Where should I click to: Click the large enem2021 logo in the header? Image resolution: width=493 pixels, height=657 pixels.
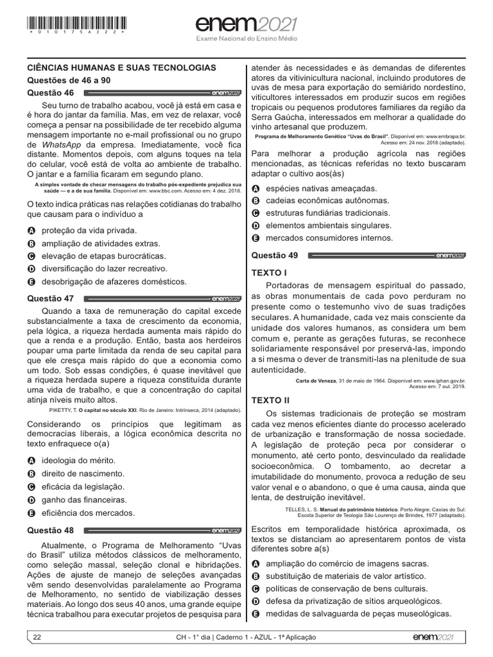[x=246, y=25]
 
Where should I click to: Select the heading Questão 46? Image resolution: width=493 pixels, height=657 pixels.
[x=51, y=92]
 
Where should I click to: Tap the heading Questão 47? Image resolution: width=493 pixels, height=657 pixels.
[x=51, y=298]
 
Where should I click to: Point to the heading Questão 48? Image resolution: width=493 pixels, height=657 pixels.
[x=51, y=530]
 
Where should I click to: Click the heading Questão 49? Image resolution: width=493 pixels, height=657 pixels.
[x=275, y=255]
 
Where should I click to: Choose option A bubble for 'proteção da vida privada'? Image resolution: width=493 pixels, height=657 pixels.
[x=31, y=230]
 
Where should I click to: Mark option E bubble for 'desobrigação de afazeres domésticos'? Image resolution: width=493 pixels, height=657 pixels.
[x=31, y=282]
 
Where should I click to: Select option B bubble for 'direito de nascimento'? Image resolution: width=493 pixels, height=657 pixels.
[x=31, y=474]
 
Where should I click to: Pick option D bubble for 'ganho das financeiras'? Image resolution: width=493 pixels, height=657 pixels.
[x=31, y=500]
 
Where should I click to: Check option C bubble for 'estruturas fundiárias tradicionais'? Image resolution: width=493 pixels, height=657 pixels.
[x=255, y=213]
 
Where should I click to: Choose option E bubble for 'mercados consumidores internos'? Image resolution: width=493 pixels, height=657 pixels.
[x=255, y=238]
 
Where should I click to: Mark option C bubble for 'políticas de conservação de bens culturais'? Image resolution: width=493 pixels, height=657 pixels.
[x=255, y=588]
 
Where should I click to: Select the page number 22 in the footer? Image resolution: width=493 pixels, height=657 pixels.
[x=37, y=637]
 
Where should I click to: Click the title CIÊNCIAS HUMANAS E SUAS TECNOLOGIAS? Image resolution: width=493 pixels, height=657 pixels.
[x=121, y=67]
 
